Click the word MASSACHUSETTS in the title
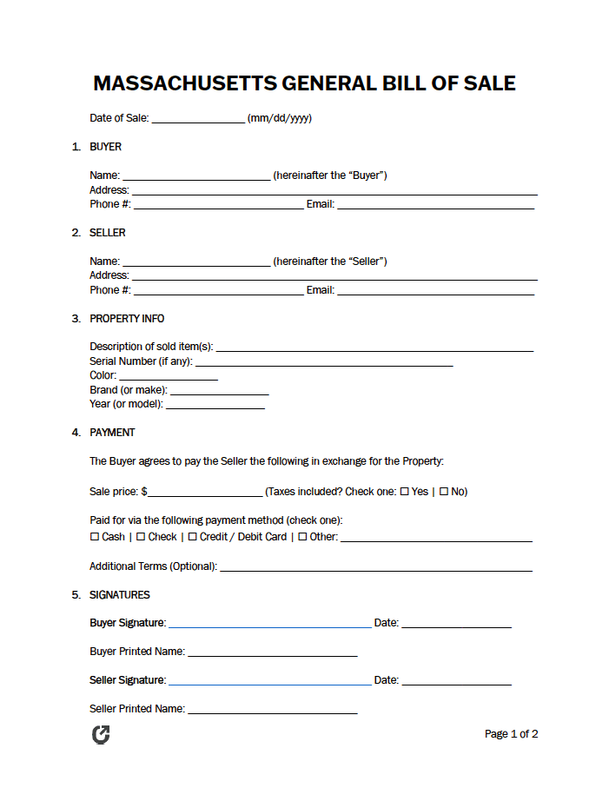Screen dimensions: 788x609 coord(184,83)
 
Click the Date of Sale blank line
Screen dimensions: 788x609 coord(198,119)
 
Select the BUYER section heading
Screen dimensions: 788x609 coord(105,147)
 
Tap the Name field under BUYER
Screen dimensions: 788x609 coord(196,176)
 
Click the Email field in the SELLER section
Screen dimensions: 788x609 coord(435,291)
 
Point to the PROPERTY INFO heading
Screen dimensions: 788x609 coord(127,319)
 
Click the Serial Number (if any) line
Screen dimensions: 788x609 coord(324,362)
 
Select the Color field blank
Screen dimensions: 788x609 coord(168,376)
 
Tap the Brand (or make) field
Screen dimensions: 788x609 coord(219,391)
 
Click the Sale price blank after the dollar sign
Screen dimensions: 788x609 coord(205,493)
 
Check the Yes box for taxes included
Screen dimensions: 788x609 coord(404,492)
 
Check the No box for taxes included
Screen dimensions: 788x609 coord(443,492)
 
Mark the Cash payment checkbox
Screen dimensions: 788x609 coord(95,537)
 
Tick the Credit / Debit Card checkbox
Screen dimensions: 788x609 coord(192,537)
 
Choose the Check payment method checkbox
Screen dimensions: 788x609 coord(141,537)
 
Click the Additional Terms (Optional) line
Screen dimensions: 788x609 coord(376,567)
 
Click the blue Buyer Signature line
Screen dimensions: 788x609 coord(269,624)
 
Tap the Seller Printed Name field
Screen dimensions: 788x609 coord(273,710)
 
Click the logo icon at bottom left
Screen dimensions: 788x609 coord(101,735)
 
